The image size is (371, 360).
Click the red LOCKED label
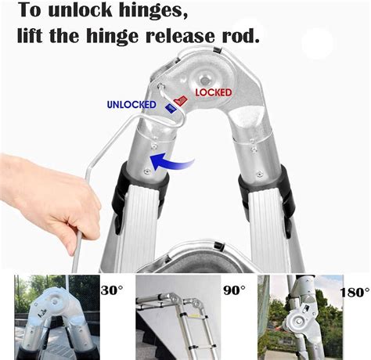click(x=214, y=92)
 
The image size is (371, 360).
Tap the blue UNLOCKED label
click(x=131, y=104)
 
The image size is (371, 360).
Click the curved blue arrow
click(x=172, y=162)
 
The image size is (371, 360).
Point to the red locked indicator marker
click(x=180, y=101)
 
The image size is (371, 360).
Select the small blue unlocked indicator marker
click(x=171, y=108)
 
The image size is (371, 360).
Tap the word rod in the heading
click(x=240, y=36)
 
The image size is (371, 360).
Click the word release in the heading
click(x=179, y=36)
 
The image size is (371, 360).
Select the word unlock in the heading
click(x=80, y=10)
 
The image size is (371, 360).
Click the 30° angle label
click(x=111, y=290)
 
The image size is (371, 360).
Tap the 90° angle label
click(x=235, y=290)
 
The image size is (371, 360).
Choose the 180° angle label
click(x=355, y=292)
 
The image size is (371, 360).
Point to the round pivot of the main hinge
click(x=205, y=80)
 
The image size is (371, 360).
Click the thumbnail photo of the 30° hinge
click(x=57, y=317)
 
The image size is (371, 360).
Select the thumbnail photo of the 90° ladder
click(x=178, y=317)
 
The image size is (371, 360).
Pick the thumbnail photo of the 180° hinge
click(x=301, y=317)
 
